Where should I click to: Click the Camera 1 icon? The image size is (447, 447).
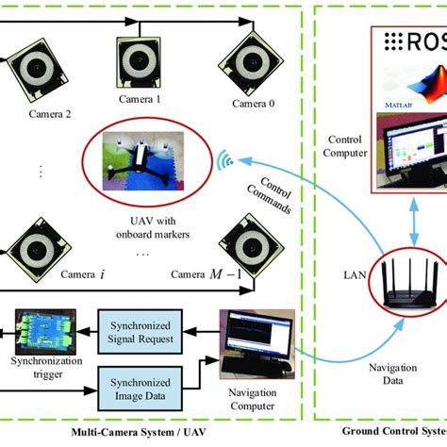click(140, 66)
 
